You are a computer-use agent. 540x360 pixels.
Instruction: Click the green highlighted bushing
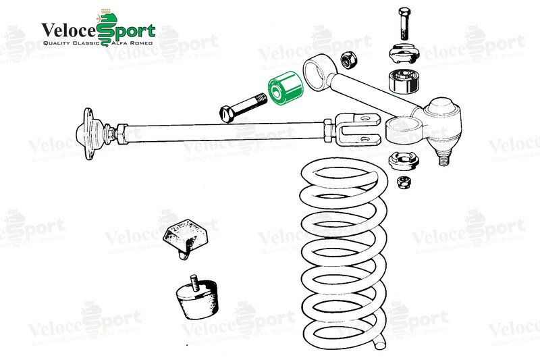[x=286, y=88]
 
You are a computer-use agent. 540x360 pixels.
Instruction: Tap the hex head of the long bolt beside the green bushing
[x=226, y=113]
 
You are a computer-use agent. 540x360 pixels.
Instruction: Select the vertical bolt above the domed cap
[x=404, y=24]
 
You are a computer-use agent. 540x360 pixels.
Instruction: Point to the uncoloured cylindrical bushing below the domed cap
[x=404, y=82]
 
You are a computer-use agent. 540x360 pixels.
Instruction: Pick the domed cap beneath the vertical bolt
[x=403, y=53]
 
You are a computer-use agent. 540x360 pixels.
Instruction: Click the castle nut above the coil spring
[x=403, y=161]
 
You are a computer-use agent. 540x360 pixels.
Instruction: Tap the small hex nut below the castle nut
[x=403, y=182]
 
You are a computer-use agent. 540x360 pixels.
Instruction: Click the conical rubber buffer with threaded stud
[x=197, y=297]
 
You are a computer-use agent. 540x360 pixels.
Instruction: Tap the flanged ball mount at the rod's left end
[x=90, y=134]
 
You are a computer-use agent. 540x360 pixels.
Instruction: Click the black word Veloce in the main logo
[x=69, y=31]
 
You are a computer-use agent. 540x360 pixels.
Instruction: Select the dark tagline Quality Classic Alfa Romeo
[x=98, y=43]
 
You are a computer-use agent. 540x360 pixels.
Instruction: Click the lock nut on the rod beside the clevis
[x=328, y=130]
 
